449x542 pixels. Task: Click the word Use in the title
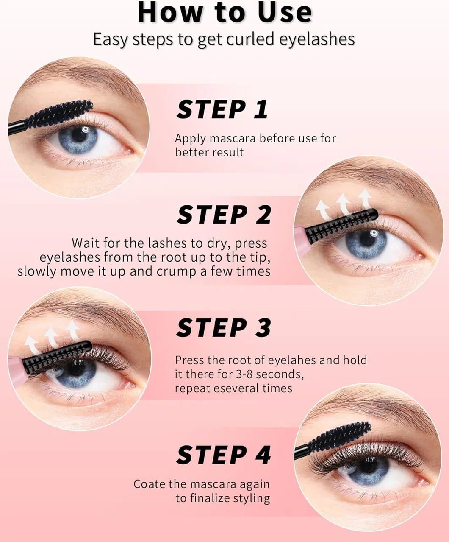pos(285,12)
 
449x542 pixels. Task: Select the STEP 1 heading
pos(222,109)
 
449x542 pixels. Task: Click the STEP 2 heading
pos(224,215)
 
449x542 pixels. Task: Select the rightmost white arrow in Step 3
pos(73,330)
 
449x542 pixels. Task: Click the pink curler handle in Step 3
pos(17,372)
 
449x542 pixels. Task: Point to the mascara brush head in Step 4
pos(339,437)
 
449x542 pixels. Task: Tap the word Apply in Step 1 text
pos(191,139)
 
